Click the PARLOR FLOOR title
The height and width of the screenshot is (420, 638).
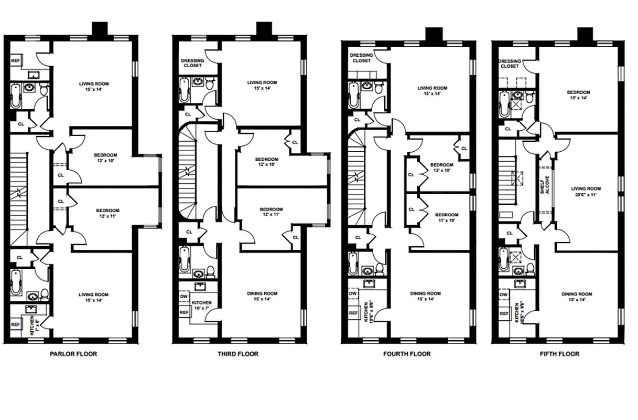(73, 354)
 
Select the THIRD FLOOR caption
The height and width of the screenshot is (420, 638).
(238, 354)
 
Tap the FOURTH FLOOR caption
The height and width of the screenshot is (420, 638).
(407, 354)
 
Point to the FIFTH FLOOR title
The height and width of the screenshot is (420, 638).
(559, 354)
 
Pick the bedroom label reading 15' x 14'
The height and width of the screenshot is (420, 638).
(578, 95)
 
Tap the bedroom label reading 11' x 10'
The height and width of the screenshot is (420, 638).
(447, 217)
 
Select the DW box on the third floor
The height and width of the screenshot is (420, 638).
(184, 296)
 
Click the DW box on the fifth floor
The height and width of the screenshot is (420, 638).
(503, 295)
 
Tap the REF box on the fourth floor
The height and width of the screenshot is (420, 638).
(353, 313)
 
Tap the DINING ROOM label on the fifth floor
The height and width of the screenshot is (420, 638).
(577, 297)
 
